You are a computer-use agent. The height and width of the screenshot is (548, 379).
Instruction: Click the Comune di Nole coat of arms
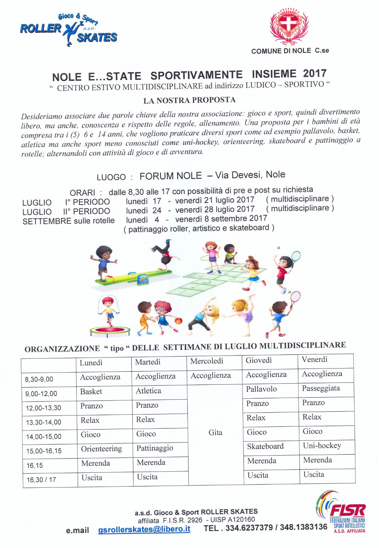click(x=289, y=27)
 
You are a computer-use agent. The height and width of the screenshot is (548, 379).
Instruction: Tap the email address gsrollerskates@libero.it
click(x=144, y=529)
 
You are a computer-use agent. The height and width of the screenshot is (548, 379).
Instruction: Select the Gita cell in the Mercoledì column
click(x=215, y=433)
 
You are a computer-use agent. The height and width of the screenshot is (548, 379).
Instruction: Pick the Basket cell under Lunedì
click(x=91, y=391)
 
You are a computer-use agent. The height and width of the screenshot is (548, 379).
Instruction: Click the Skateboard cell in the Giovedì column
click(x=265, y=446)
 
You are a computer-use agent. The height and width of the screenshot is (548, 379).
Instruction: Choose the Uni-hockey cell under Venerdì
click(x=322, y=446)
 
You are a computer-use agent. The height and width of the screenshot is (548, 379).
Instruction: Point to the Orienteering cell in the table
click(x=101, y=449)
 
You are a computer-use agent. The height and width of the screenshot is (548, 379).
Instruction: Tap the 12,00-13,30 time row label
click(x=43, y=408)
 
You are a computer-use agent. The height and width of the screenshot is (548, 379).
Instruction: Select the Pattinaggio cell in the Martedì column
click(x=155, y=448)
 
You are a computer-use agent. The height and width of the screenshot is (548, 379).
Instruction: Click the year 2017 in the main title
click(x=315, y=73)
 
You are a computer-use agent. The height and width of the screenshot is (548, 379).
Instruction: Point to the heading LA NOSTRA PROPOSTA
click(x=189, y=100)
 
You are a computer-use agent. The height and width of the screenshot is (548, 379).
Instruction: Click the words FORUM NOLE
click(x=170, y=176)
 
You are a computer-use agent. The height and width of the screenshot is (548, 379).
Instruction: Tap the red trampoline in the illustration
click(x=110, y=331)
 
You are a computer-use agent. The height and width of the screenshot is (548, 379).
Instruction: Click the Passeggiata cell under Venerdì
click(x=321, y=388)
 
